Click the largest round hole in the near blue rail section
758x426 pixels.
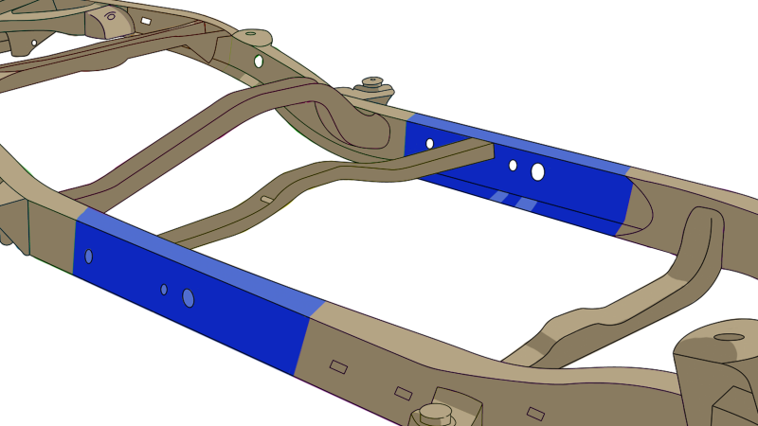[x=188, y=298]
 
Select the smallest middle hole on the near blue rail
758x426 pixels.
[x=164, y=289]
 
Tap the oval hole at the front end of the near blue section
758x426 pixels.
[x=88, y=256]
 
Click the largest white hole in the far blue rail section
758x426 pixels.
[x=537, y=172]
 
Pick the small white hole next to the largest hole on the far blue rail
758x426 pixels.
[x=513, y=165]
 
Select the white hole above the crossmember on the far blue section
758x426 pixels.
[x=429, y=144]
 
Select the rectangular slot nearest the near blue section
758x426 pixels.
[x=338, y=365]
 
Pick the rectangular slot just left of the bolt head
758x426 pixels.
[x=404, y=392]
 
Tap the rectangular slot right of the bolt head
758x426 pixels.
[x=535, y=413]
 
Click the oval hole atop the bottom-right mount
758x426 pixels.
[x=729, y=337]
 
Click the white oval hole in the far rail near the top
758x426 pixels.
[x=258, y=61]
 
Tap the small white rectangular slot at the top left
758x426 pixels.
[x=145, y=20]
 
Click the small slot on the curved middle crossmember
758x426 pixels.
[x=267, y=199]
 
